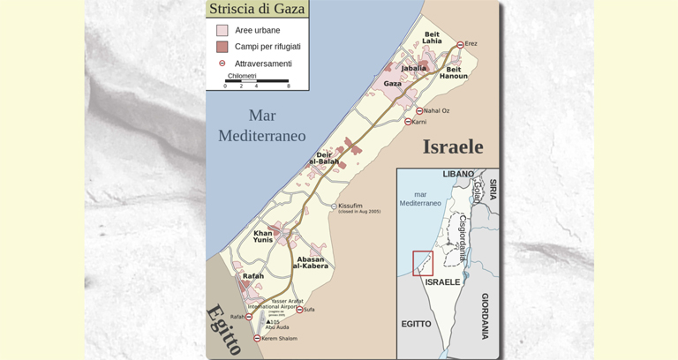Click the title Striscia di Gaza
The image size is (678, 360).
pyautogui.click(x=257, y=9)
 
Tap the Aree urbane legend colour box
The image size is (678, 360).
pyautogui.click(x=222, y=30)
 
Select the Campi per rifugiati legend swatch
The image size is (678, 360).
pyautogui.click(x=222, y=47)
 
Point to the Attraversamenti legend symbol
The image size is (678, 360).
pyautogui.click(x=222, y=64)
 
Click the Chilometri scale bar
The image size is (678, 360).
pyautogui.click(x=256, y=81)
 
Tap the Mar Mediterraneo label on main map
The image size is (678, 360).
pyautogui.click(x=262, y=125)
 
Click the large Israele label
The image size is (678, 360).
pyautogui.click(x=453, y=146)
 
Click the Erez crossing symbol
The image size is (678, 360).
pyautogui.click(x=460, y=44)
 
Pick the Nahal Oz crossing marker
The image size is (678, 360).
pyautogui.click(x=419, y=111)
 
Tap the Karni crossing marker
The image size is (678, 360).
pyautogui.click(x=408, y=122)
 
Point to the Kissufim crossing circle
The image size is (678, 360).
pyautogui.click(x=334, y=206)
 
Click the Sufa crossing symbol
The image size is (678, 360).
pyautogui.click(x=300, y=310)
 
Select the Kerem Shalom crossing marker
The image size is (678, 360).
pyautogui.click(x=257, y=339)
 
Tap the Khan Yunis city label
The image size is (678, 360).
pyautogui.click(x=263, y=236)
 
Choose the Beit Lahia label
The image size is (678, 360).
pyautogui.click(x=432, y=38)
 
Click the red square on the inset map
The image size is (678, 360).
pyautogui.click(x=423, y=263)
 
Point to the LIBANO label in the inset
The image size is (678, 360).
pyautogui.click(x=458, y=175)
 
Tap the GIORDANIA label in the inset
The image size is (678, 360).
pyautogui.click(x=485, y=316)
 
